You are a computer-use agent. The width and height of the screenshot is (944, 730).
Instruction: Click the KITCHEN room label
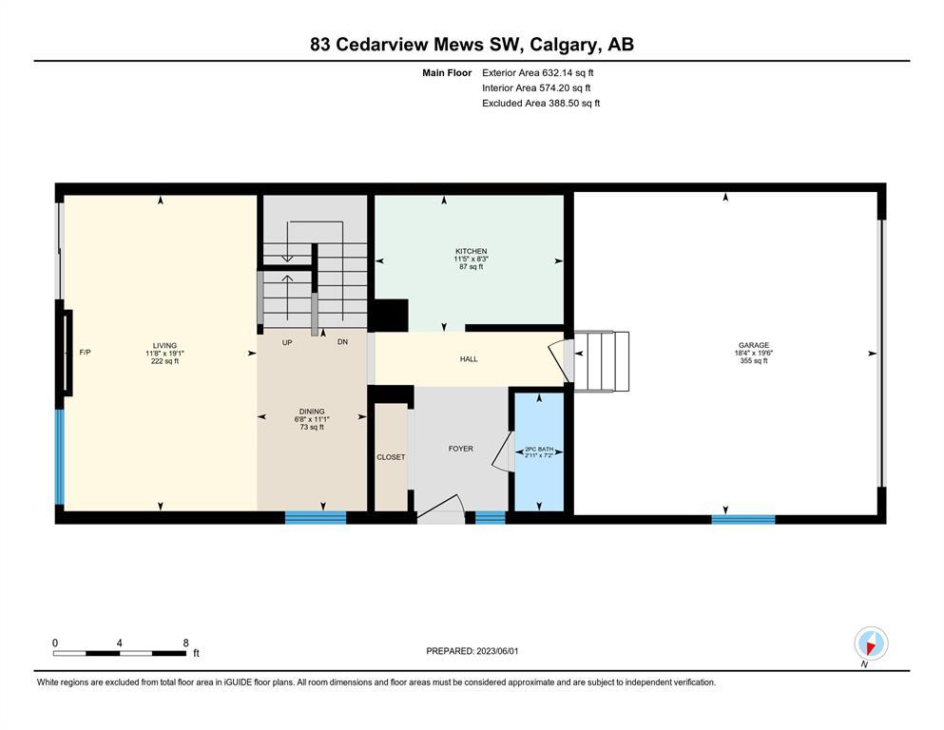471,252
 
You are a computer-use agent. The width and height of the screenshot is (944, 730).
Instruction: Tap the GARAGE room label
754,345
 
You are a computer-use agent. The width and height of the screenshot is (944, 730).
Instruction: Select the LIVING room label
164,346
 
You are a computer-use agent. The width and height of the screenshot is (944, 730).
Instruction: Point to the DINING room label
312,412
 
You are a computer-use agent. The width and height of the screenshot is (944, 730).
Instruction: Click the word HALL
469,359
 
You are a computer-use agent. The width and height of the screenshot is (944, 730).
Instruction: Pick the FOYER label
460,449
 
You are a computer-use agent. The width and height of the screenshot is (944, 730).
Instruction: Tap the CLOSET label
391,457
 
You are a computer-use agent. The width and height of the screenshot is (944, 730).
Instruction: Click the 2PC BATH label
539,449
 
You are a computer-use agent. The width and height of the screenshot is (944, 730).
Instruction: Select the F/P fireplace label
85,352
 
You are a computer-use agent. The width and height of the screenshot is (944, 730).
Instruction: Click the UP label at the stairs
287,342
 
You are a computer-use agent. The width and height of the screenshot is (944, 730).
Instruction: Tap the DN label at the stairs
342,342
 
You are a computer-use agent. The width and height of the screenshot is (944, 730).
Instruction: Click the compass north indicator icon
871,644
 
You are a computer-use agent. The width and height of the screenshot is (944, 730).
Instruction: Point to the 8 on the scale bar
185,643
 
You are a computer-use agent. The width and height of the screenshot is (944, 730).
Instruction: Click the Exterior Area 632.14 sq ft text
538,73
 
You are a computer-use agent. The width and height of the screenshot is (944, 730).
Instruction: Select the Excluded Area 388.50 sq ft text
541,103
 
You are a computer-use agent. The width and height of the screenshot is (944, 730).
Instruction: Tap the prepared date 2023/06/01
497,651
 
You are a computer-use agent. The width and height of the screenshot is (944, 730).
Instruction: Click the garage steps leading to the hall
602,361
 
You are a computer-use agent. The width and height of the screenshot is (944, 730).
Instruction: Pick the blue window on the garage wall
742,519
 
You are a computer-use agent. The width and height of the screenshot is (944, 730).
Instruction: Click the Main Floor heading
447,73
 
